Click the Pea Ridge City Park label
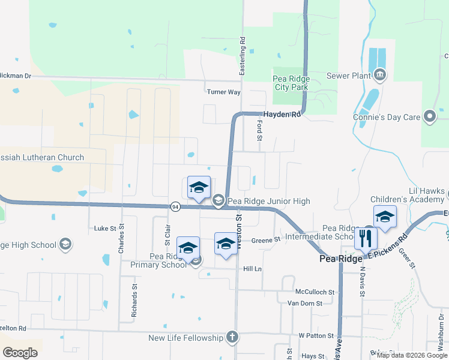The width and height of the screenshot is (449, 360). pyautogui.click(x=291, y=83)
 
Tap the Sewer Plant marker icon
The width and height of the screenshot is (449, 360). pyautogui.click(x=379, y=76)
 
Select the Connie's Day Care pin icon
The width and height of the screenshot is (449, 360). pyautogui.click(x=429, y=117)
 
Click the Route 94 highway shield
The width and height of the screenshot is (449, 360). pyautogui.click(x=175, y=206)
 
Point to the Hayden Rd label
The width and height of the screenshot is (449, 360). pyautogui.click(x=280, y=114)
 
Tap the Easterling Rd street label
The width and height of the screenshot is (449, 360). pyautogui.click(x=243, y=57)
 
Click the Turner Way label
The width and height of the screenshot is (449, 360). pyautogui.click(x=223, y=92)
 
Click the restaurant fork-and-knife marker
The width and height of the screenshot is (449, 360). pyautogui.click(x=365, y=238)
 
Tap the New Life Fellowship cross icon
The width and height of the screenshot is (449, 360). pyautogui.click(x=232, y=338)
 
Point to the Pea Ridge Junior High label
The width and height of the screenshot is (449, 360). pyautogui.click(x=269, y=201)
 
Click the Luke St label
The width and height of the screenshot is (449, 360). pyautogui.click(x=105, y=229)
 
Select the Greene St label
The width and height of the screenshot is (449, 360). pyautogui.click(x=266, y=239)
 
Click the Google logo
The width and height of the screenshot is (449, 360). pyautogui.click(x=20, y=353)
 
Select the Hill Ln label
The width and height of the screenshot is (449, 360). pyautogui.click(x=252, y=269)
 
